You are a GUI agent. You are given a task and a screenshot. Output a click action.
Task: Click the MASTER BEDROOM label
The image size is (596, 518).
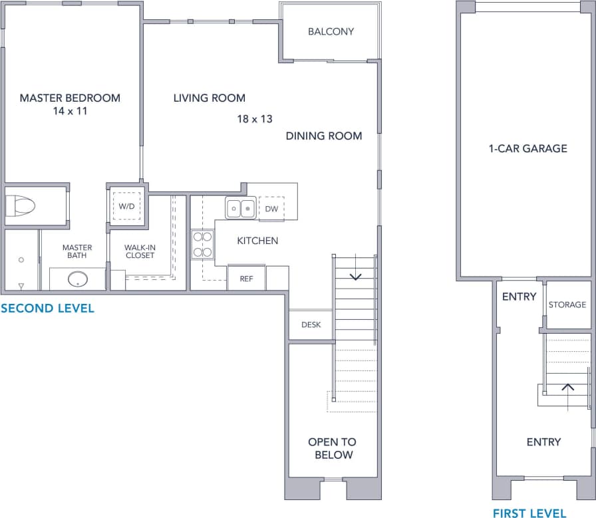click(x=70, y=98)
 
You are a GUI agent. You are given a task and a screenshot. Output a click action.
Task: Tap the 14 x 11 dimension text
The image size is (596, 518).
click(x=70, y=111)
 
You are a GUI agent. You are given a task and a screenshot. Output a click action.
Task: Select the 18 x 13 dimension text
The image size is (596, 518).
click(x=255, y=119)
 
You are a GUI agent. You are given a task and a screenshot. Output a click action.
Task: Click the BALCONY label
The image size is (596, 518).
click(x=331, y=31)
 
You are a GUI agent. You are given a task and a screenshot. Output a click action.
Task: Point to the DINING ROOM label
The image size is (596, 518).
click(x=324, y=136)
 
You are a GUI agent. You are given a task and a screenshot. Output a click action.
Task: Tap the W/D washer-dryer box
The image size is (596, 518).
click(x=126, y=206)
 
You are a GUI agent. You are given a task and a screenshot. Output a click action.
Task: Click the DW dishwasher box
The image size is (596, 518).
click(x=271, y=208)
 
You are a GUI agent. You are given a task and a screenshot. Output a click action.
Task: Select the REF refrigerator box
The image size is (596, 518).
click(x=246, y=278)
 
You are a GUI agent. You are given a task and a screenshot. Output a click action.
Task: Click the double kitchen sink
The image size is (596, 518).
click(x=241, y=208)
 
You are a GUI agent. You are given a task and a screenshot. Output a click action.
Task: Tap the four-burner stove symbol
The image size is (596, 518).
click(x=202, y=244)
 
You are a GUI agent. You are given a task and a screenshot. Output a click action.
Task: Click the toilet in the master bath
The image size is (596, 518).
click(x=20, y=206)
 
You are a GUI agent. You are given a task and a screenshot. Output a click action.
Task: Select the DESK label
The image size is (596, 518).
click(x=311, y=325)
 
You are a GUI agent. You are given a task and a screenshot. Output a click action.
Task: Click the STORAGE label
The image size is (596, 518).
click(x=567, y=305)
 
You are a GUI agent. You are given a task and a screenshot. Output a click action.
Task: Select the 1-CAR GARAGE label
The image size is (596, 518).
click(x=527, y=148)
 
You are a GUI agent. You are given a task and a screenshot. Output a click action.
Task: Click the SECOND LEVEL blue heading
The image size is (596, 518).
click(x=47, y=309)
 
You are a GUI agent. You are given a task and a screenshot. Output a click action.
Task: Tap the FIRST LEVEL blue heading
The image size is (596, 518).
click(x=529, y=513)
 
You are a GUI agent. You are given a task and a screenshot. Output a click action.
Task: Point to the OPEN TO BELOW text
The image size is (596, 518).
click(x=332, y=448)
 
